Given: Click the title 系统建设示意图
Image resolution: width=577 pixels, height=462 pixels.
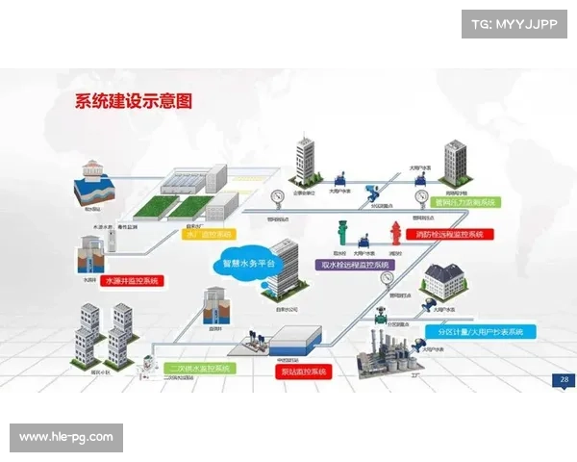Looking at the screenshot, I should pos(135,100).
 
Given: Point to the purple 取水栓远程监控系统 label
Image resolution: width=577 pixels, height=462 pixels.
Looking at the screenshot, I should pos(354,264).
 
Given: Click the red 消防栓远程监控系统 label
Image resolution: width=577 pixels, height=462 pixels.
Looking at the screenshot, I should pos(450,234).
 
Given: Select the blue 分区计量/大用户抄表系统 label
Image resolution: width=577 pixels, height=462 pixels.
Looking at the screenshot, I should pos(479,332).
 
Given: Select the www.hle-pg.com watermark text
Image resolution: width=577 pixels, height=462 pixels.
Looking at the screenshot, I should pos(65,437).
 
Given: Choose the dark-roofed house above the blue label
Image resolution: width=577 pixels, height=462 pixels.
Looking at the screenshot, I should pos(447,284).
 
